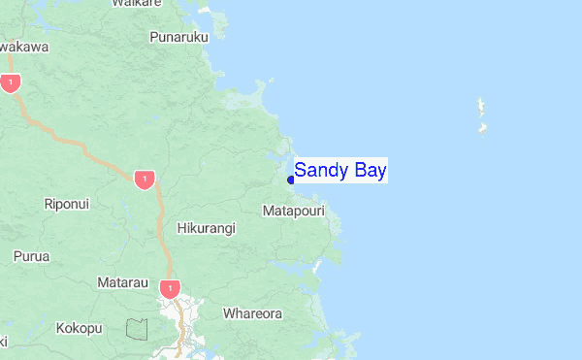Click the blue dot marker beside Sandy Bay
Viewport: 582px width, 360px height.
click(x=291, y=179)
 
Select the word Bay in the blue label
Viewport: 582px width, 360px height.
click(x=368, y=171)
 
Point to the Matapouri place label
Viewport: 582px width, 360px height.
click(x=293, y=210)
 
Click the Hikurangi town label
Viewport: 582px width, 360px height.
click(x=206, y=228)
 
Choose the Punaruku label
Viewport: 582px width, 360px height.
click(x=179, y=37)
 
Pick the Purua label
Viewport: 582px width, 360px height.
click(x=31, y=256)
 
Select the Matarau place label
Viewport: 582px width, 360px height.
click(x=122, y=282)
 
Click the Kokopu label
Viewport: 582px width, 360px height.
click(x=79, y=328)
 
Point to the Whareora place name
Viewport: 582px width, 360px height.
click(x=252, y=313)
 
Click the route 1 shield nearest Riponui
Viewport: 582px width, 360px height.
click(x=144, y=180)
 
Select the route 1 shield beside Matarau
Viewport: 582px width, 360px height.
click(x=170, y=288)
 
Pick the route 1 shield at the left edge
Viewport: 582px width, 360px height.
click(x=10, y=83)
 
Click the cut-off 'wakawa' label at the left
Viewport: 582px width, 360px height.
click(x=23, y=46)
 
